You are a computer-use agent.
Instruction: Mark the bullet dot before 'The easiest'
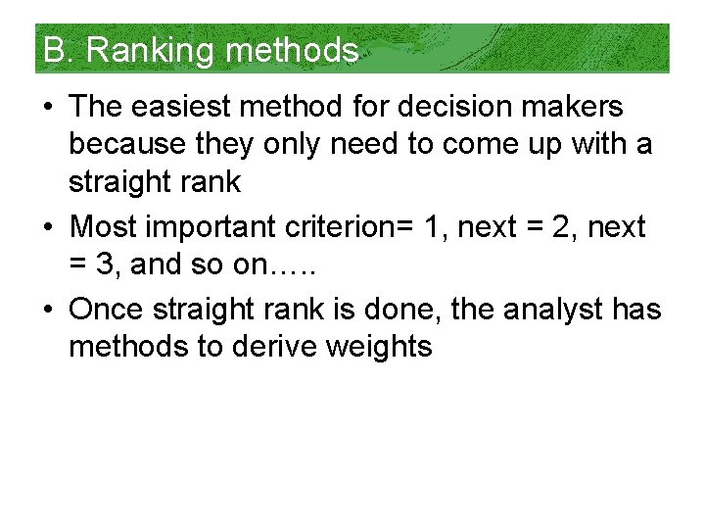(x=50, y=106)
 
